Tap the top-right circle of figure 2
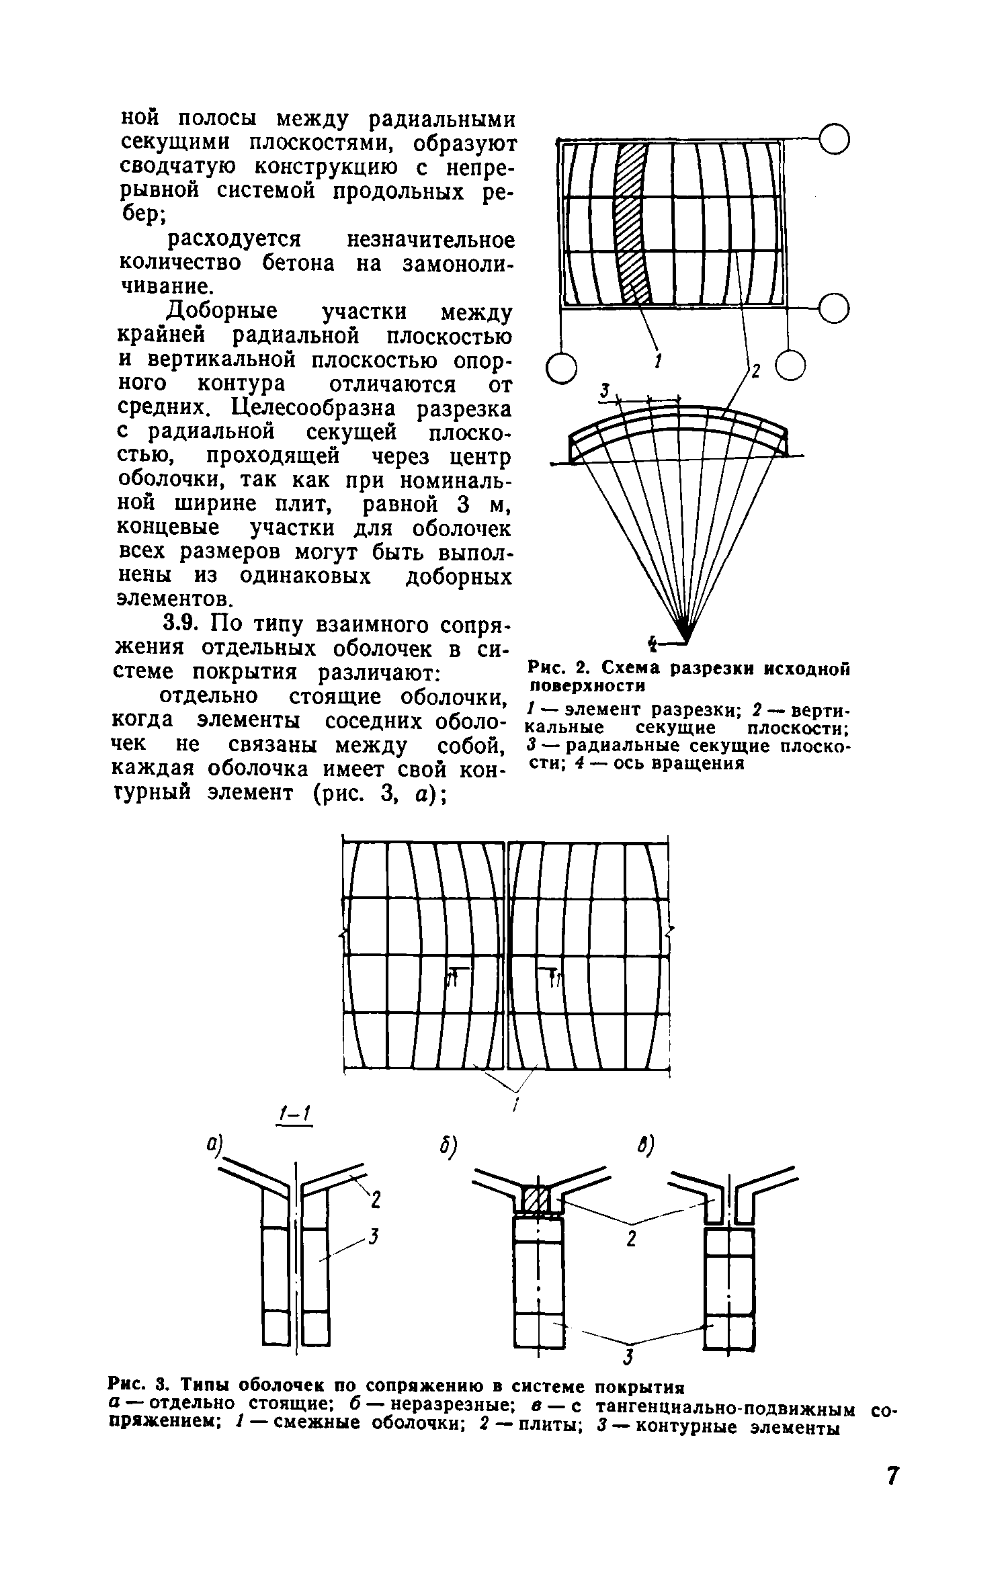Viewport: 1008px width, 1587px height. pos(835,139)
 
